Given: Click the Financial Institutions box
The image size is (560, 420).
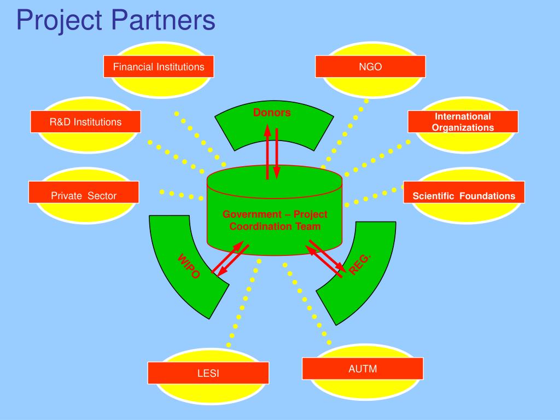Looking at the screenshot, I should [159, 67].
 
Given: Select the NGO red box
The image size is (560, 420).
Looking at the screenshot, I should [370, 67].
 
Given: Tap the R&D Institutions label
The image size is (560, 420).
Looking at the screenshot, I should [86, 121].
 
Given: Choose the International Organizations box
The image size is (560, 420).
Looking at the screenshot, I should [463, 121].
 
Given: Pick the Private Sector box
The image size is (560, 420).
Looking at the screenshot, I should [84, 195].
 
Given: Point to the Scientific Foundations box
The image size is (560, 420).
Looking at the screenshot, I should [464, 195].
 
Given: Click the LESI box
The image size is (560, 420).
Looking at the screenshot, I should [208, 374].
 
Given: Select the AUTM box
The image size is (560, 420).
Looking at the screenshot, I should [363, 368].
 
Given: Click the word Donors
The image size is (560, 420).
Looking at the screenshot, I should [272, 113].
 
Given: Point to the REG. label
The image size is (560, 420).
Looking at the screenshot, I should [360, 264].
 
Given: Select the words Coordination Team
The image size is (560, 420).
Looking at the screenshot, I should [275, 226].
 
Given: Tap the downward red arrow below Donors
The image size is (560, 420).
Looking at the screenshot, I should [277, 153].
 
